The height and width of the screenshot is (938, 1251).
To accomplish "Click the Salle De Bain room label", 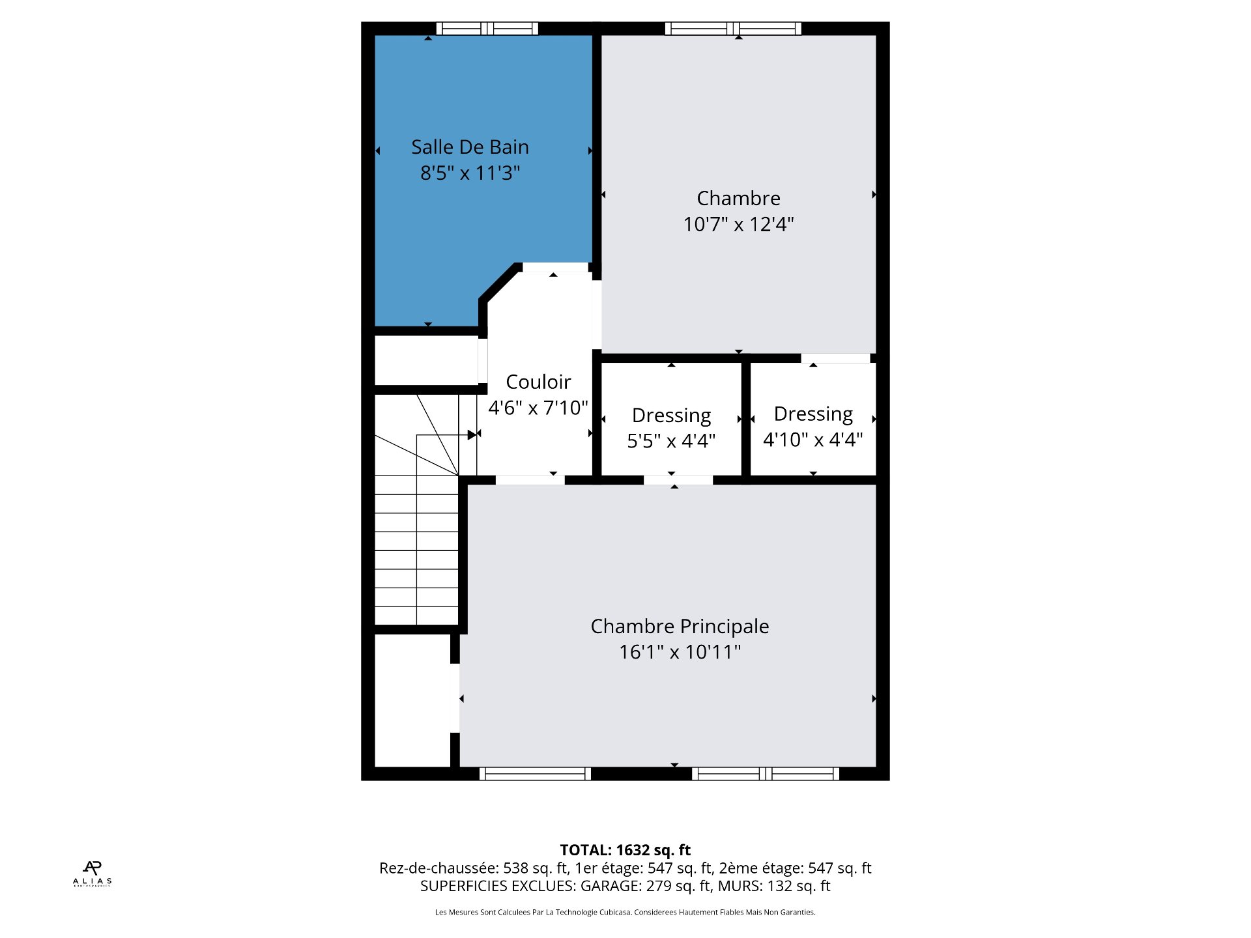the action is pos(470,147).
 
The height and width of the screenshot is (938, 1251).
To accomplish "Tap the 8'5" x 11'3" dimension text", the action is pos(470,173).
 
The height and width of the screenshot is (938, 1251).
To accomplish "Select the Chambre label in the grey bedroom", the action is pos(738,198).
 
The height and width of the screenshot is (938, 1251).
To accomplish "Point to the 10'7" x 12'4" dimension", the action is pos(738,224).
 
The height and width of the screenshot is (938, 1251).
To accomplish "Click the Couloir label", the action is pos(538,382).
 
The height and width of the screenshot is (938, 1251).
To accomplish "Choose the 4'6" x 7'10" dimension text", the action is pos(538,408).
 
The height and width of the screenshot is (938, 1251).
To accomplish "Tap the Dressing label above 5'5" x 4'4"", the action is pos(671,416).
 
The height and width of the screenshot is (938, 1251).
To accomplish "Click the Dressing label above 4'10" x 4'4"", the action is pos(813,414).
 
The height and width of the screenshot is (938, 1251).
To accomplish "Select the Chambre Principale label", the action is pos(680,627).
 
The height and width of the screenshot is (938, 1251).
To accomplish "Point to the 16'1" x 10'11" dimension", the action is pos(680,652).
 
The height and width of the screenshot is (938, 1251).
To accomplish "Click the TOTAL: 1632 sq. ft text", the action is pos(625,850).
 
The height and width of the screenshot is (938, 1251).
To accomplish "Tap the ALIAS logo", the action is pos(92,874).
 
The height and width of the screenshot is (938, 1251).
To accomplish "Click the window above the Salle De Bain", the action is pos(487,29).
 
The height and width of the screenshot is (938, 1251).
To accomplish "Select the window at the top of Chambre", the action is pos(733,29).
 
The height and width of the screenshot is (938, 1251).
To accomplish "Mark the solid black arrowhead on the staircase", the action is pos(472,434).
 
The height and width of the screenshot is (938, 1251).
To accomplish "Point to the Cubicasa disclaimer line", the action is pos(625,913).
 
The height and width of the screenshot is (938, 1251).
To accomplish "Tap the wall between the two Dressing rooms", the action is pos(746,419).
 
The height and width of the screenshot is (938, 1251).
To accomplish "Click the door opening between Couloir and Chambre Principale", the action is pos(530,480).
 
